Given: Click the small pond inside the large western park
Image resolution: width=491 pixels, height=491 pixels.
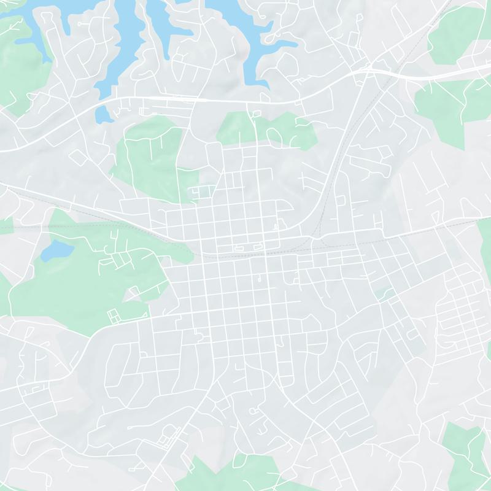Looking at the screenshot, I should point(59,249).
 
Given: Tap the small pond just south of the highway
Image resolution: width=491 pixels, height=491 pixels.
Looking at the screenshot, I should point(103,114).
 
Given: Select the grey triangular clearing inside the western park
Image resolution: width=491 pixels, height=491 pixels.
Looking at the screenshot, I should point(132,295).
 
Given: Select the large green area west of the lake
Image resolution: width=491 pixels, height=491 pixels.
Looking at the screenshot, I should point(18,68).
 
